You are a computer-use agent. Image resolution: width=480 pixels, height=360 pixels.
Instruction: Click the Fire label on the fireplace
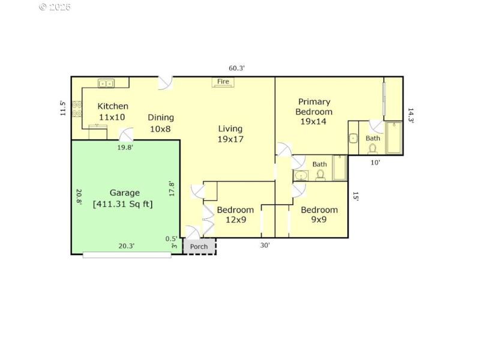click(223, 82)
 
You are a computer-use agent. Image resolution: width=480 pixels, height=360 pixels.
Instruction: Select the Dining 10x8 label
click(161, 122)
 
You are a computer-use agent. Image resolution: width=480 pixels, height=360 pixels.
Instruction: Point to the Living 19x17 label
click(230, 134)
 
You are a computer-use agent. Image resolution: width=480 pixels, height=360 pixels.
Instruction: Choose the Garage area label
click(124, 198)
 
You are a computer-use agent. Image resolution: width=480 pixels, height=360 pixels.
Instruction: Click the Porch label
click(199, 247)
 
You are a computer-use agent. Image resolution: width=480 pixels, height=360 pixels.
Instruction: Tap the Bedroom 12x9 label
click(235, 215)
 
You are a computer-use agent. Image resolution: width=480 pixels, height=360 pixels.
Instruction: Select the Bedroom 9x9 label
click(319, 215)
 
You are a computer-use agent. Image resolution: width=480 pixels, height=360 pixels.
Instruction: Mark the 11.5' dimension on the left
click(63, 109)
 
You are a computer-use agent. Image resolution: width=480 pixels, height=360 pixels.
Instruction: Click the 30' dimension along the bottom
click(265, 245)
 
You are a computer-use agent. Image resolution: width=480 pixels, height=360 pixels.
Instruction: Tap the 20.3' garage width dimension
click(126, 245)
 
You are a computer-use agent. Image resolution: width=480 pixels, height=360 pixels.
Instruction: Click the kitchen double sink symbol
click(106, 83)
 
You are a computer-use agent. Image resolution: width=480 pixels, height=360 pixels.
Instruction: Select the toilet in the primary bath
click(373, 148)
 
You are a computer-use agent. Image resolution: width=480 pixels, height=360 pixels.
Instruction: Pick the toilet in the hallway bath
click(320, 175)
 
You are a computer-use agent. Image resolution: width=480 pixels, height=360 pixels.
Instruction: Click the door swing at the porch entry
click(193, 232)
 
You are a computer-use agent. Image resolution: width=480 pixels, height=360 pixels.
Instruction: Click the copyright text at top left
click(55, 7)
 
